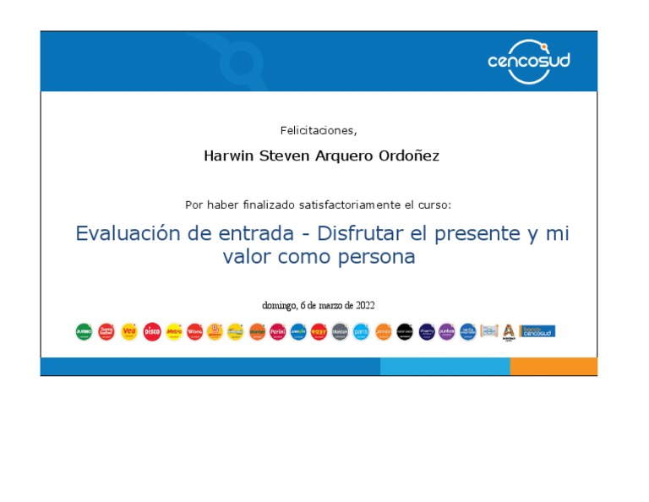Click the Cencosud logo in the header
529,61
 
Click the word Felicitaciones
318,130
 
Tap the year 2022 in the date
365,305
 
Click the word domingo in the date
279,305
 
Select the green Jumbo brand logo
84,332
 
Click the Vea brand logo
128,332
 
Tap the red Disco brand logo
151,332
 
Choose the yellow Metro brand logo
173,332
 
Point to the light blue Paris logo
361,332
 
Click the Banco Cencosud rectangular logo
537,331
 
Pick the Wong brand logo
194,332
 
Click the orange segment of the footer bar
553,366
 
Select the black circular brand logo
405,332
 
